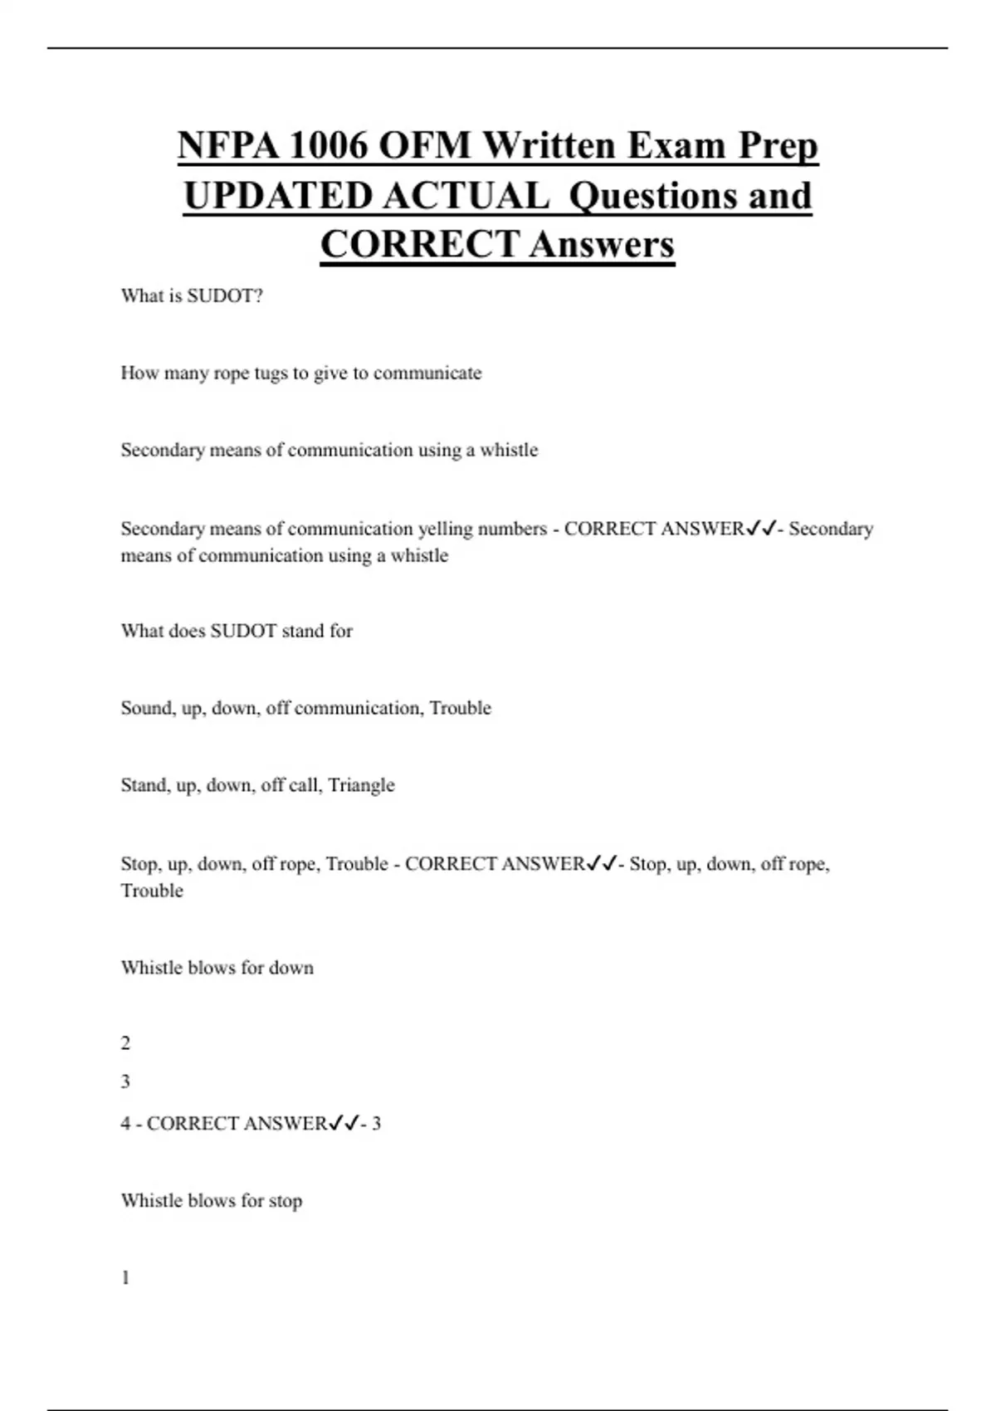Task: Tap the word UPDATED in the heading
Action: coord(277,196)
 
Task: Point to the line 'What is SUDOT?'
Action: coord(192,296)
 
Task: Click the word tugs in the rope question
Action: coord(271,373)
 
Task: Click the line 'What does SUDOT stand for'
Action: coord(237,631)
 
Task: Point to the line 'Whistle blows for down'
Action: coord(217,968)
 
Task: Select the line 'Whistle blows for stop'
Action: coord(211,1201)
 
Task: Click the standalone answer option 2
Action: coord(125,1043)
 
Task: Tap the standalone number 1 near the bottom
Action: coord(125,1278)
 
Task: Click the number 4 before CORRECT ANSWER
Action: coord(125,1124)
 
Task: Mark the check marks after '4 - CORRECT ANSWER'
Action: coord(344,1124)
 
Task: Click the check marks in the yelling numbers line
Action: coord(761,529)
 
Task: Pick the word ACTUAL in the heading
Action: coord(466,196)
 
